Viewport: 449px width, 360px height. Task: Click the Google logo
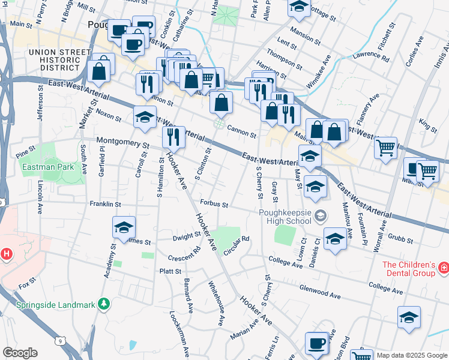[19, 353]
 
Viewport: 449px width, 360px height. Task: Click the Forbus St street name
[214, 204]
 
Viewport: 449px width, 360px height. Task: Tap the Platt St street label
[170, 271]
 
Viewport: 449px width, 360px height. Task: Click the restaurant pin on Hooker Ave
[173, 137]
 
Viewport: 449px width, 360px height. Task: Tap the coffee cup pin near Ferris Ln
[316, 344]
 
